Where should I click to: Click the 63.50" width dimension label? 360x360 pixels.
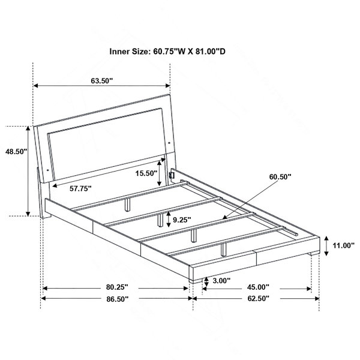[102, 81]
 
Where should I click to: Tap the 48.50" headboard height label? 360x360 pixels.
[16, 152]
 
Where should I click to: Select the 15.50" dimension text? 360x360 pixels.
[146, 173]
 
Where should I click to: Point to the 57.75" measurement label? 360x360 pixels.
[80, 188]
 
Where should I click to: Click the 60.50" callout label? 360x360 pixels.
[280, 177]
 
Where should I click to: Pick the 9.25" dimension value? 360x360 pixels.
[182, 220]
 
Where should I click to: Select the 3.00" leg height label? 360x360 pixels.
[221, 280]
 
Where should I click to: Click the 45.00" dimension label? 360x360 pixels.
[258, 287]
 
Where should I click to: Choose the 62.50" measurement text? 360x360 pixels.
[258, 298]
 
